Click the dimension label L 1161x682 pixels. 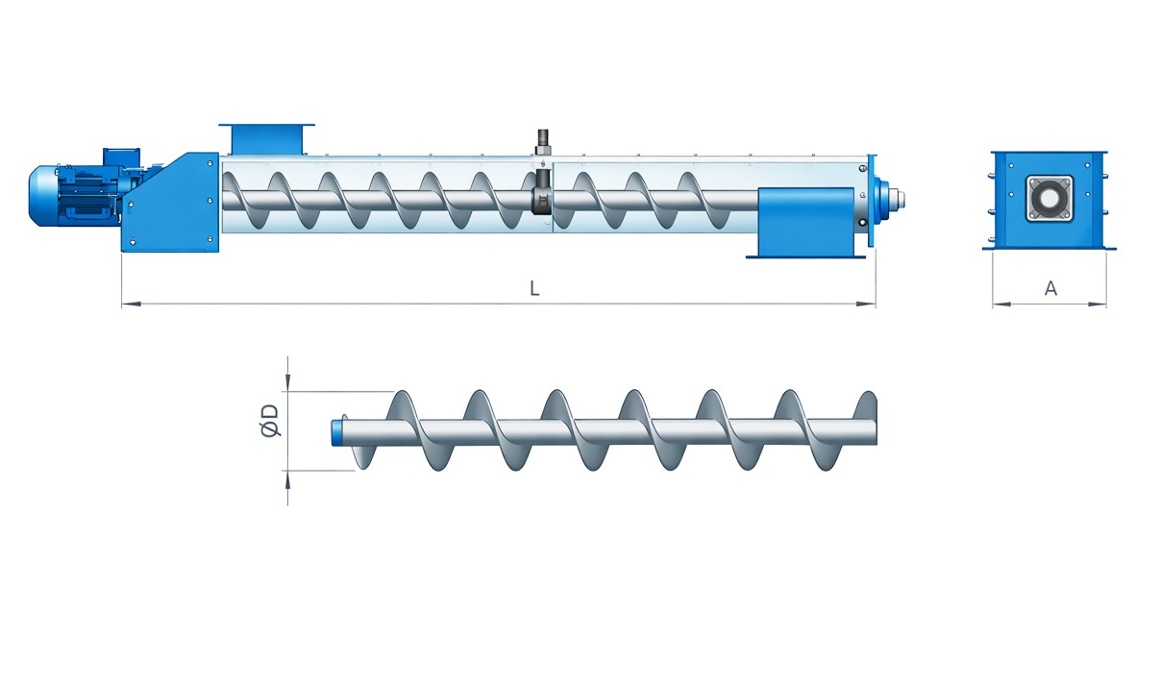(534, 288)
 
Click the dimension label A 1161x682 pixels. (1050, 288)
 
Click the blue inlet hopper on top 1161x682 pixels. (266, 138)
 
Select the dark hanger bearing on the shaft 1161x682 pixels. (542, 202)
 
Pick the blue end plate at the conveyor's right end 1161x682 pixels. (872, 200)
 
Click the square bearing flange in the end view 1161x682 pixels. (1049, 198)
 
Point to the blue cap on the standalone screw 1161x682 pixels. (338, 431)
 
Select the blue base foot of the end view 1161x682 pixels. (1049, 248)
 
